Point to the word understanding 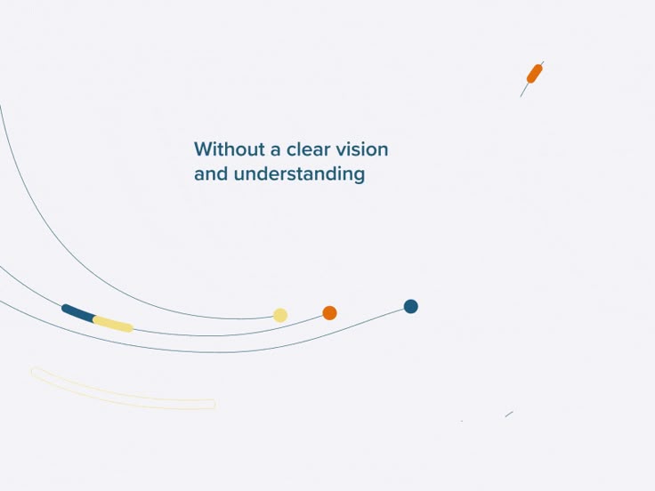pos(299,174)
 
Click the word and pos(211,173)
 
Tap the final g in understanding pos(359,176)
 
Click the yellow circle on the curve pos(280,315)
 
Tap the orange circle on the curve pos(329,312)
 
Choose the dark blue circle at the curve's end pos(410,306)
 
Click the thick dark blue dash pos(78,313)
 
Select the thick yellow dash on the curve pos(113,324)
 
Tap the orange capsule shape pos(534,74)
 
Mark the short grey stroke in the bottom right pos(509,414)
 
